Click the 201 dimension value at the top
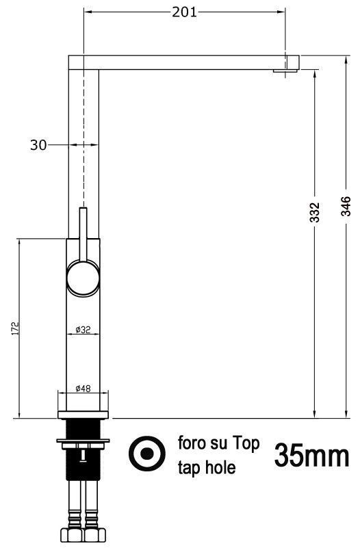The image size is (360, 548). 184,12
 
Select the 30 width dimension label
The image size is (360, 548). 38,144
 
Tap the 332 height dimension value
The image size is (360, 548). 315,212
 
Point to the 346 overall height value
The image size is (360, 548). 346,206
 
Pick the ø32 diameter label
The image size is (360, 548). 83,329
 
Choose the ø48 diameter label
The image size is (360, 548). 83,388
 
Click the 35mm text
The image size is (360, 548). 312,456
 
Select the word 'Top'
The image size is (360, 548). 246,444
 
